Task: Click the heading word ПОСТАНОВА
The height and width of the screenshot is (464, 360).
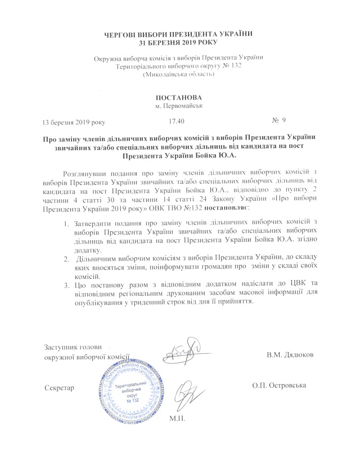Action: click(179, 97)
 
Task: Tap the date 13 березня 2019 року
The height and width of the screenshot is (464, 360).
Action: click(74, 121)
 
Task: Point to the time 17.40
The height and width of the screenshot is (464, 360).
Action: click(176, 121)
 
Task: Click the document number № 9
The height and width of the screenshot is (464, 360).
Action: click(280, 120)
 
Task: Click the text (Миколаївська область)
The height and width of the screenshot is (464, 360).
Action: click(179, 74)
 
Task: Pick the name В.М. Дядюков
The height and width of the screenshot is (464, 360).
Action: click(290, 355)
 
